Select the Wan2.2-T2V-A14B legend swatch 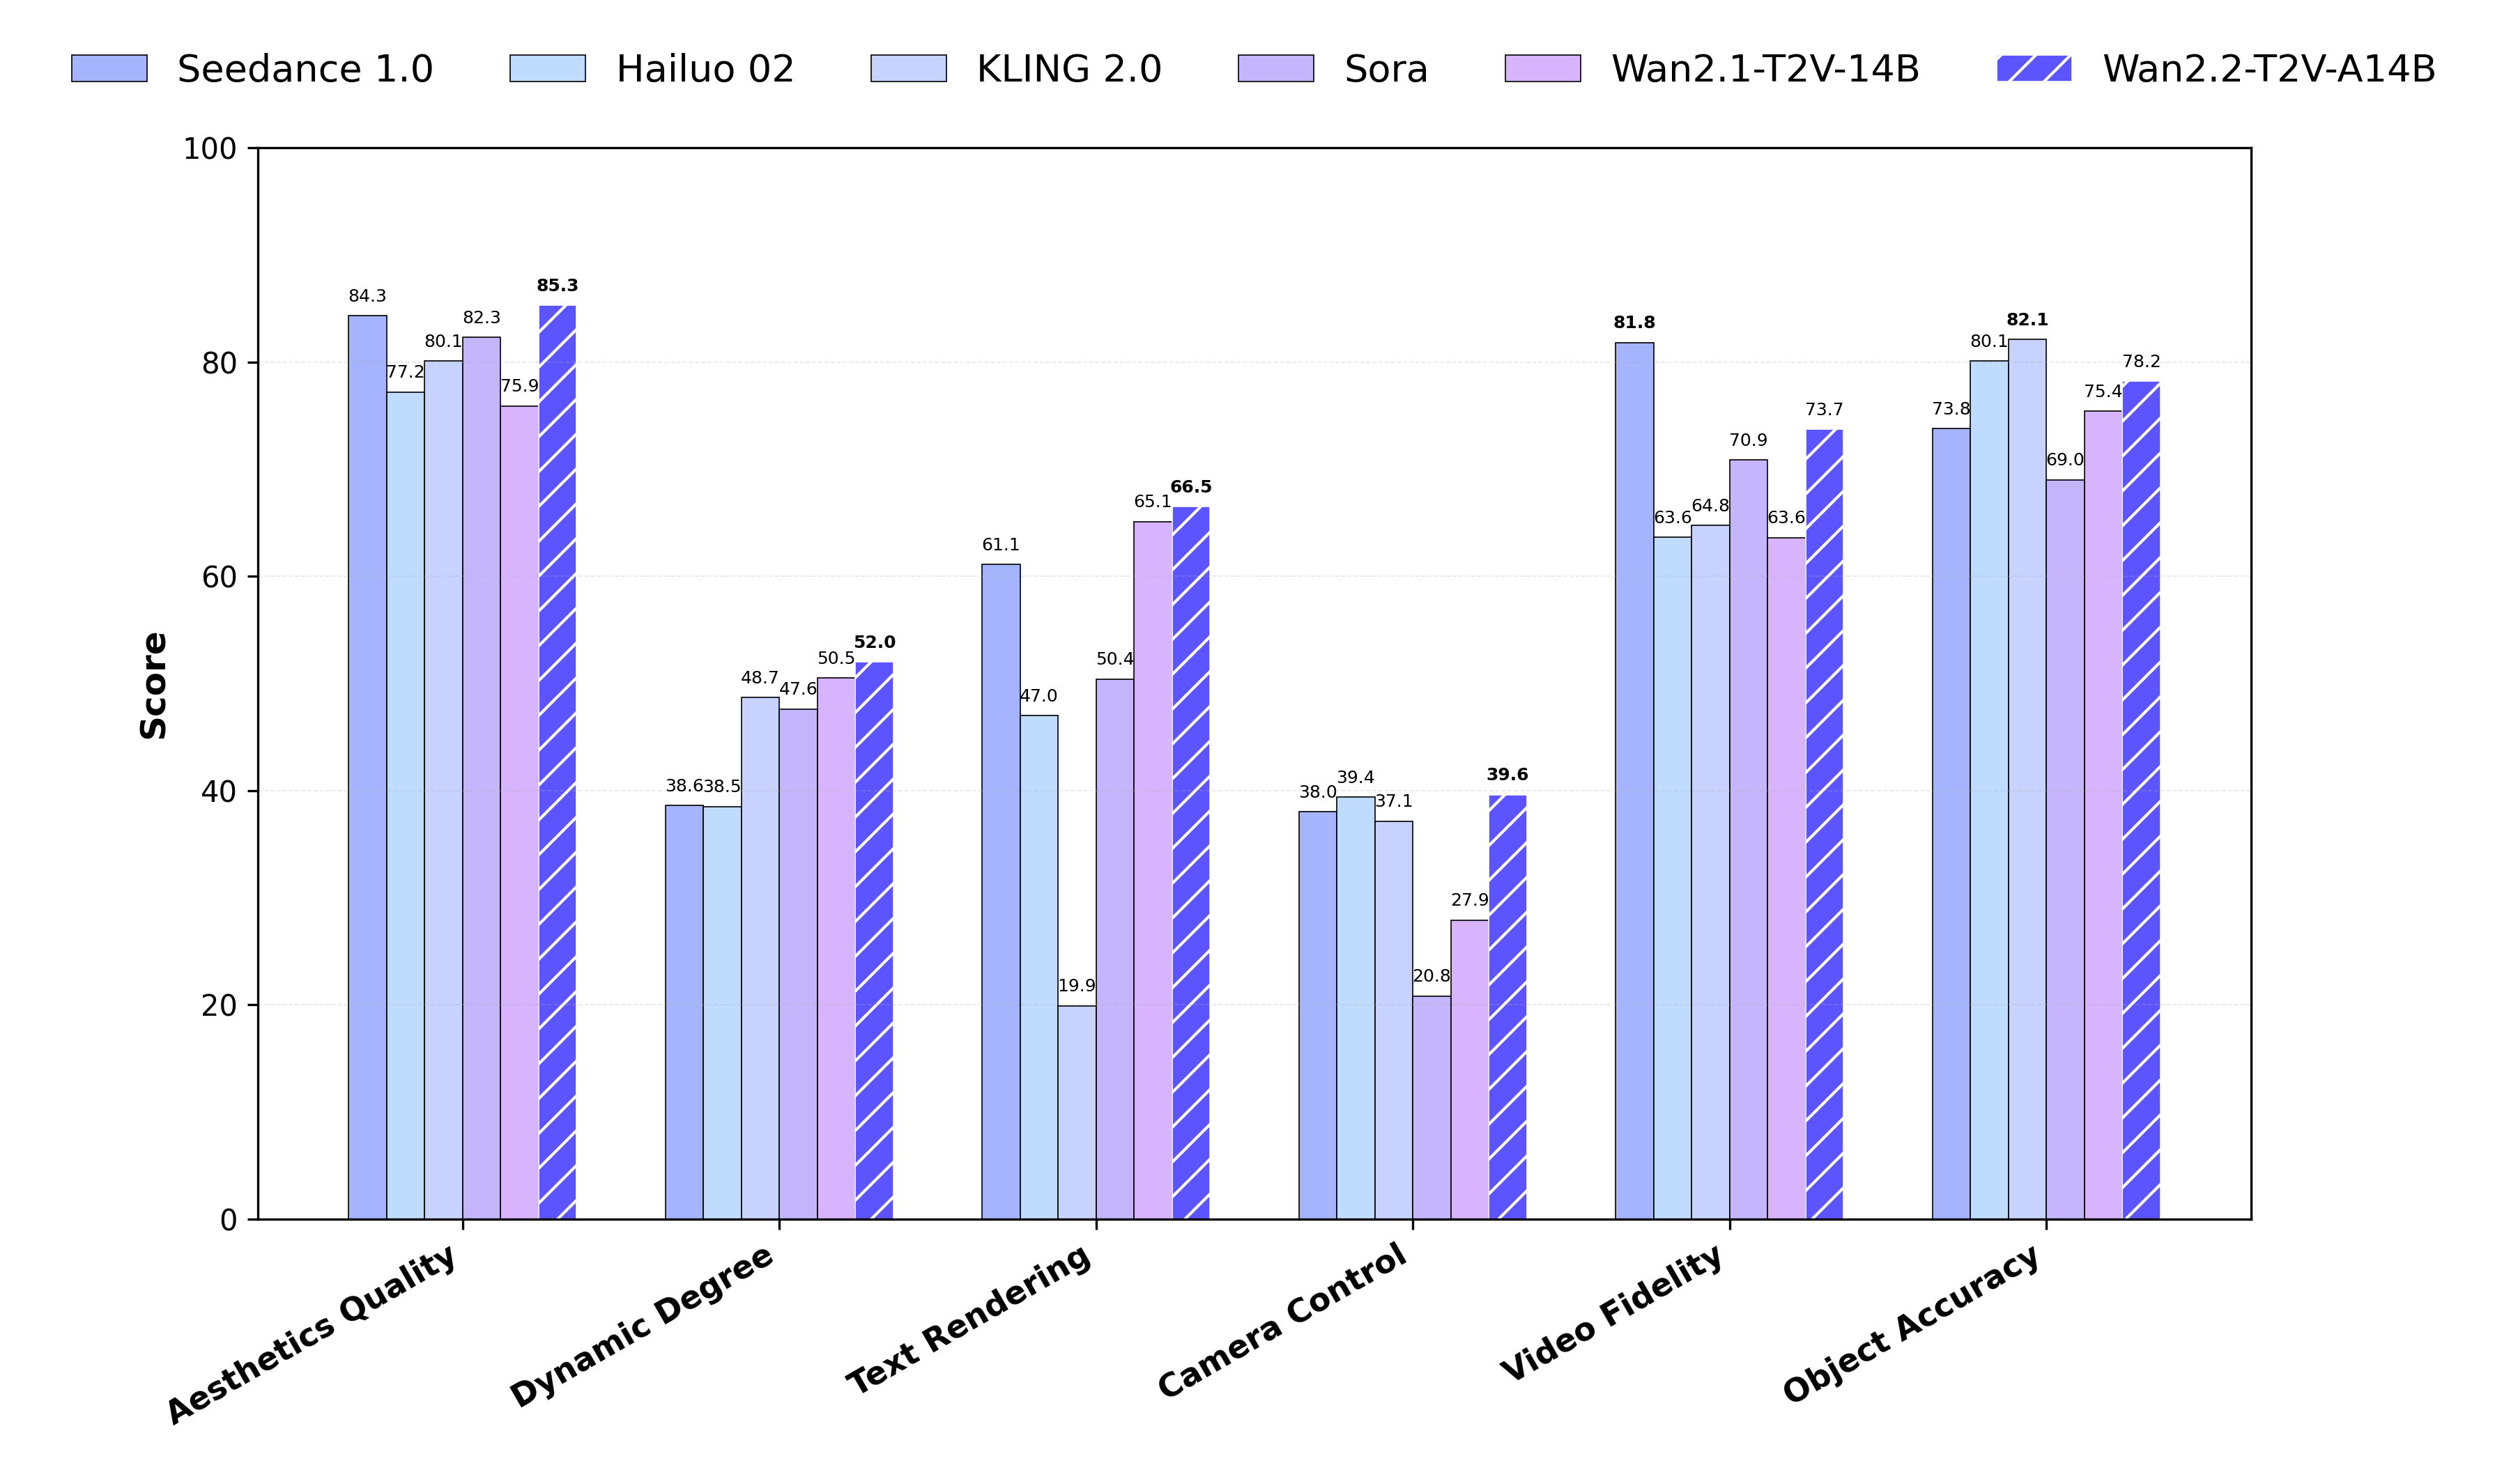click(2034, 69)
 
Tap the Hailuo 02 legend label click(705, 70)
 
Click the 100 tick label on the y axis click(210, 149)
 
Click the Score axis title click(153, 685)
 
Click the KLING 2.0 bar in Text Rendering click(1076, 1112)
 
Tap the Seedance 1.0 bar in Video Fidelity click(1634, 781)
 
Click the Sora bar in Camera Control click(1432, 1108)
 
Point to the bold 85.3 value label click(557, 286)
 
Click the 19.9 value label click(1076, 985)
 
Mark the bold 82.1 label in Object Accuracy click(2027, 320)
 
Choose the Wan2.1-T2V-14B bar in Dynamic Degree click(836, 948)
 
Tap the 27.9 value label click(1470, 899)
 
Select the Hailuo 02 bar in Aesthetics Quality click(405, 806)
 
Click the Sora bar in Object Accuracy click(2065, 849)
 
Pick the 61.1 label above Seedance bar click(1001, 544)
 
